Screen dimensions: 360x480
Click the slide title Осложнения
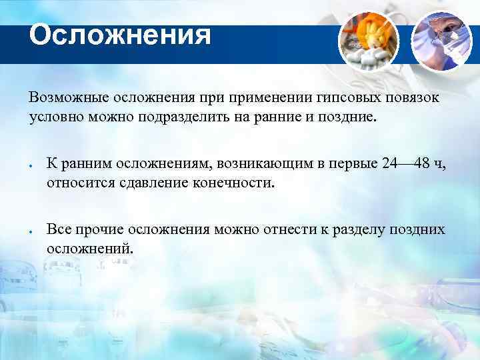(x=120, y=35)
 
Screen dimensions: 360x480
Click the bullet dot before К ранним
(x=31, y=166)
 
